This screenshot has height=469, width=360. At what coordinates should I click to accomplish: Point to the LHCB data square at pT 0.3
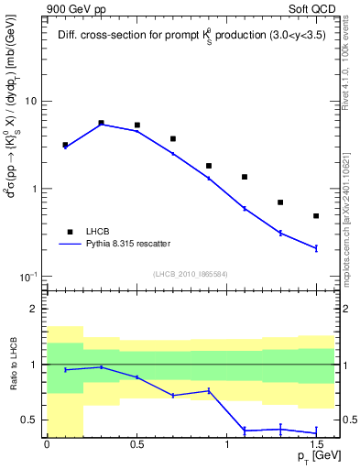[x=101, y=122]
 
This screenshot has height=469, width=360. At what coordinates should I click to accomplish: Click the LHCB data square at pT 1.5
[x=316, y=216]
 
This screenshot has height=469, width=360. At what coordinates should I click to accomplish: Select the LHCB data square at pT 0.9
[x=209, y=166]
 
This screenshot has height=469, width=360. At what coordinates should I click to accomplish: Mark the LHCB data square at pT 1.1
[x=245, y=177]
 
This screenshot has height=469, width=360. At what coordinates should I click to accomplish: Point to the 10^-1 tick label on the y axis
[x=27, y=277]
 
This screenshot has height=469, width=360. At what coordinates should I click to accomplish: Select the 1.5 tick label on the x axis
[x=316, y=444]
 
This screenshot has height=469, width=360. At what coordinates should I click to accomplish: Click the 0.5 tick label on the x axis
[x=136, y=444]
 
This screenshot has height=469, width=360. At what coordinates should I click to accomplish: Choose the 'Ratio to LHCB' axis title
[x=12, y=365]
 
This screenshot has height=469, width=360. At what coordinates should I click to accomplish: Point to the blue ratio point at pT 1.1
[x=245, y=430]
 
